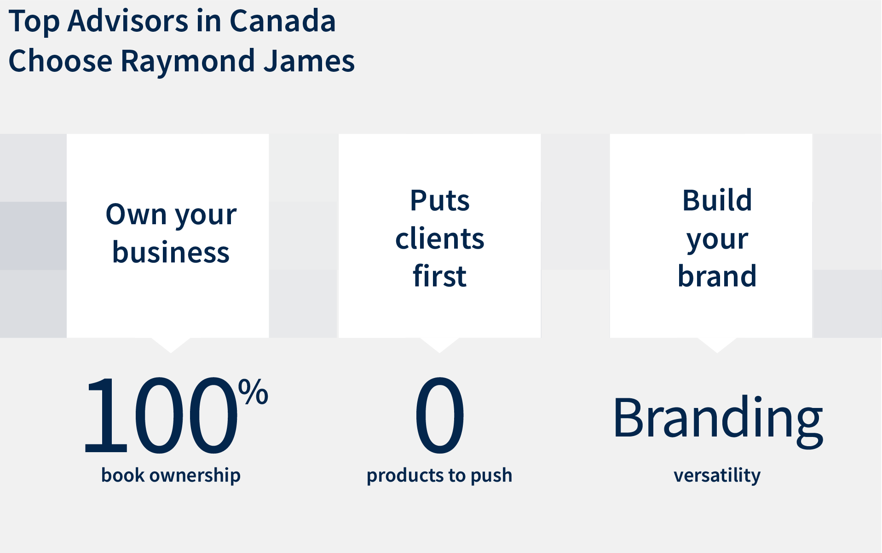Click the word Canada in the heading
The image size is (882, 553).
tap(282, 21)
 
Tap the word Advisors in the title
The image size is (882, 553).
tap(128, 21)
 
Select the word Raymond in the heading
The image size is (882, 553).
tap(187, 61)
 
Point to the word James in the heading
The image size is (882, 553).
tap(309, 60)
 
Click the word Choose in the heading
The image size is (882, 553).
tap(60, 60)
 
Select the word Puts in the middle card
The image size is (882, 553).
tap(440, 200)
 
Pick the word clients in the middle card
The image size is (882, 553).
tap(440, 238)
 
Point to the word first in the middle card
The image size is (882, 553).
tap(440, 276)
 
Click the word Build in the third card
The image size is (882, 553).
tap(717, 200)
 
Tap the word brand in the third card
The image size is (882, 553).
tap(717, 276)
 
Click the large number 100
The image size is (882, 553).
tap(161, 415)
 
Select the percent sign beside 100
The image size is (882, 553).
tap(253, 391)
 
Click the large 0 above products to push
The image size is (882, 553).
tap(440, 415)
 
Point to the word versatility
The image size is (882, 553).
tap(717, 475)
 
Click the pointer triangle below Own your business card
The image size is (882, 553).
tap(171, 344)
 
